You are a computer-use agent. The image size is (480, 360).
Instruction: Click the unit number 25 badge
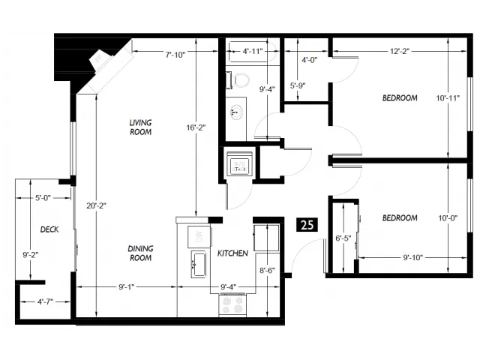click(x=307, y=225)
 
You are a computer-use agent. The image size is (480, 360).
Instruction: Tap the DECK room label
click(x=49, y=229)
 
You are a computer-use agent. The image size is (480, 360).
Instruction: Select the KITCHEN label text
click(x=232, y=253)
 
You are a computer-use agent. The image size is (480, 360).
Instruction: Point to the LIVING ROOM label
click(x=140, y=127)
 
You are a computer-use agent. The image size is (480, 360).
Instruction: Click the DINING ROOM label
click(x=140, y=253)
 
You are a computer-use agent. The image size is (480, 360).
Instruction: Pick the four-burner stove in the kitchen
click(x=232, y=304)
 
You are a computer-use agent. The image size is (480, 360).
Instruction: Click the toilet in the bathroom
click(x=238, y=80)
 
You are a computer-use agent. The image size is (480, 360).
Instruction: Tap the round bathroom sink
click(x=236, y=112)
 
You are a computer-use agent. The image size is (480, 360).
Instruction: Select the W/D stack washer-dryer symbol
click(x=240, y=165)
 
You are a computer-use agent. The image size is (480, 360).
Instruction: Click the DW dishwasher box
click(x=199, y=237)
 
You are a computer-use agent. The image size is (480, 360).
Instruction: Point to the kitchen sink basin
click(x=199, y=264)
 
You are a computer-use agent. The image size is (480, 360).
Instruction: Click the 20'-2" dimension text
click(x=96, y=205)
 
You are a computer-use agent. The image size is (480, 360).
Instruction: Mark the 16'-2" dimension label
click(x=196, y=127)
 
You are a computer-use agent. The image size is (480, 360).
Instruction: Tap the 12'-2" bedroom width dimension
click(x=400, y=51)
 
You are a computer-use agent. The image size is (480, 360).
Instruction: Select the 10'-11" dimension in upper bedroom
click(x=448, y=98)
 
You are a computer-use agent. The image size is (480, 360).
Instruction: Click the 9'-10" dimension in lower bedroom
click(x=412, y=257)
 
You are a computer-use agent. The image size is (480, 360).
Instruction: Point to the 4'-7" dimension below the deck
click(x=45, y=301)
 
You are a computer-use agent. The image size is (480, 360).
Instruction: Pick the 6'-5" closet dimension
click(x=343, y=238)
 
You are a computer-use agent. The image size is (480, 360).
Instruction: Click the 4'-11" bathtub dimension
click(x=253, y=51)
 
